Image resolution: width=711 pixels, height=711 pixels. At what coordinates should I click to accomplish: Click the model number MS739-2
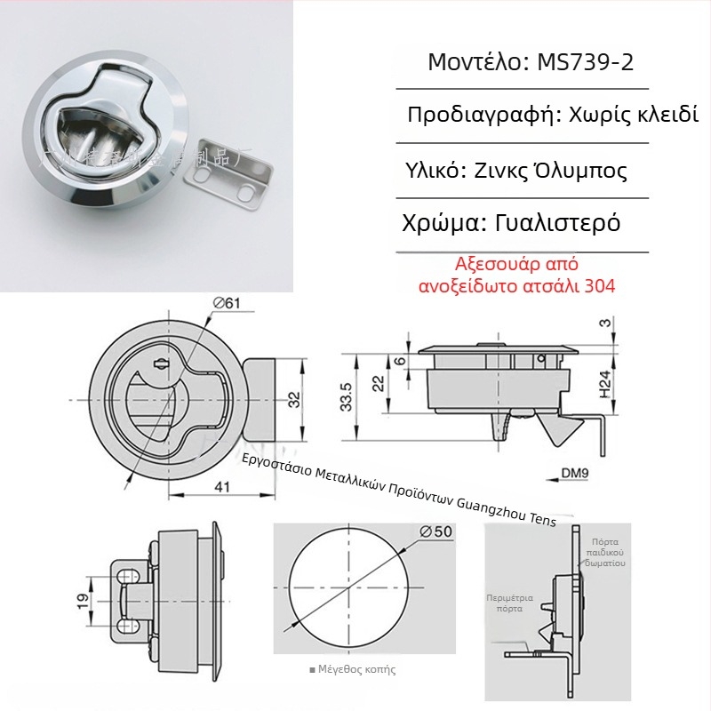[x=586, y=63]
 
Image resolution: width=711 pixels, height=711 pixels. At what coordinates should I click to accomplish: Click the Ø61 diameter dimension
[x=228, y=304]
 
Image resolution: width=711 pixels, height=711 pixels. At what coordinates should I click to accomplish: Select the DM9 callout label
[x=574, y=473]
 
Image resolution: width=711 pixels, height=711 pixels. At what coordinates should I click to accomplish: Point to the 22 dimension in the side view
[x=377, y=382]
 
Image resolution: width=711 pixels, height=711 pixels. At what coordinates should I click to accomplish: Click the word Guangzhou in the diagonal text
[x=489, y=505]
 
